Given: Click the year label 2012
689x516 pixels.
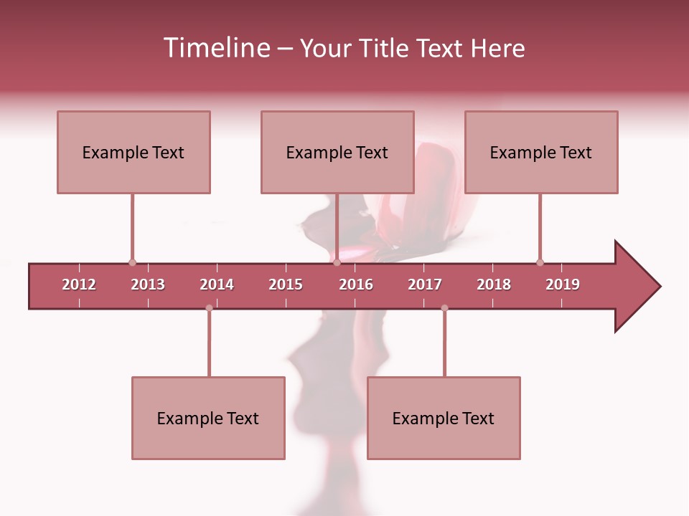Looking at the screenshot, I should (x=79, y=285).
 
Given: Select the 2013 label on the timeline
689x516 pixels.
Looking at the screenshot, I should (x=148, y=285).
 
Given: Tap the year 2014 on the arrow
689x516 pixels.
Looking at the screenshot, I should (x=217, y=285).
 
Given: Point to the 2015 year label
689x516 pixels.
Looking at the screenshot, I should (x=286, y=285).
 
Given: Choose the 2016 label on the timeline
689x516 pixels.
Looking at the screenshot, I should (x=356, y=285).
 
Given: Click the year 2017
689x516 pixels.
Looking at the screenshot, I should (x=425, y=285).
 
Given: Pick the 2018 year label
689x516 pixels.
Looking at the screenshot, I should (x=494, y=285).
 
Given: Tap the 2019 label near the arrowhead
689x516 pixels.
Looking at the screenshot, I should (x=563, y=285).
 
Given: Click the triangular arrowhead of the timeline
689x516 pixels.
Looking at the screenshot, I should (x=635, y=287).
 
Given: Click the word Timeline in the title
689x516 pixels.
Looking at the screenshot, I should (x=216, y=48).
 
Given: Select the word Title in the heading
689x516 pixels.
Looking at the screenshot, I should (x=385, y=48).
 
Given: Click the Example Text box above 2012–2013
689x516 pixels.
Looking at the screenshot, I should (x=133, y=152).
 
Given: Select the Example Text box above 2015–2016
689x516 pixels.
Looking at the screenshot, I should (x=337, y=152).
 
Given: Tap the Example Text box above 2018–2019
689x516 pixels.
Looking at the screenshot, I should (x=541, y=152).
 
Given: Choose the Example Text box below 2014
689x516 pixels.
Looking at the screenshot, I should (x=208, y=418).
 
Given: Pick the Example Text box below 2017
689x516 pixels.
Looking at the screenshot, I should (x=444, y=418).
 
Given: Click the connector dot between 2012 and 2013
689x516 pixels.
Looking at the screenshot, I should (x=132, y=262).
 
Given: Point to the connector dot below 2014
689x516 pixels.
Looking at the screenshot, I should (x=209, y=308).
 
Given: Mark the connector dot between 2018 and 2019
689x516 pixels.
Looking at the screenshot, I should (x=540, y=262).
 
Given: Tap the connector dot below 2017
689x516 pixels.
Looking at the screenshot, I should (x=444, y=308).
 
